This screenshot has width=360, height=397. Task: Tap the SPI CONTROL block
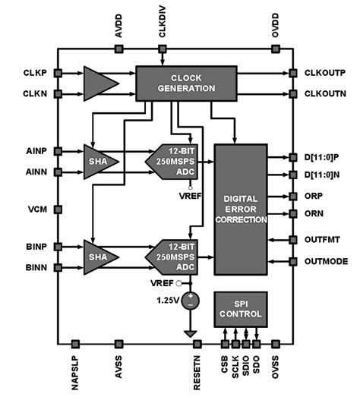(x=240, y=307)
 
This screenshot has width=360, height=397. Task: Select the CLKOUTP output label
(x=326, y=74)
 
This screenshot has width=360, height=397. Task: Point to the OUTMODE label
(x=326, y=262)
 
